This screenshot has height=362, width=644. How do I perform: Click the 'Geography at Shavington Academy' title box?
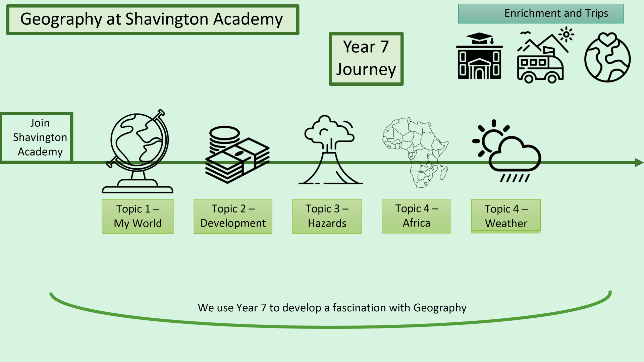pos(153,19)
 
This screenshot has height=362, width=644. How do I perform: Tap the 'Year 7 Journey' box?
pos(366,59)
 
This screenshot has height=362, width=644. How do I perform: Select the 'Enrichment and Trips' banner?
pos(541,13)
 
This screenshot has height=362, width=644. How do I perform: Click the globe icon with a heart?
pos(607,58)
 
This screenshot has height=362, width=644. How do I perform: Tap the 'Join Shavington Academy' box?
pos(37,137)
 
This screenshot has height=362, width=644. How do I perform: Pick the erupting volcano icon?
pos(330,151)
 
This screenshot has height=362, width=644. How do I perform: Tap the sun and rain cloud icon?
pos(506,151)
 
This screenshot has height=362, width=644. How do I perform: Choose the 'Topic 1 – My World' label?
pos(138,216)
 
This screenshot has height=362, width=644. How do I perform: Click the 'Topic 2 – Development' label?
pos(233,216)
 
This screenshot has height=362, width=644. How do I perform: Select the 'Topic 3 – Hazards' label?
pos(327,216)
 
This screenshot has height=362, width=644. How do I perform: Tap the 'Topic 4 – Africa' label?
pos(416,216)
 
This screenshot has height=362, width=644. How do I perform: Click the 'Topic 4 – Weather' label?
pos(506,216)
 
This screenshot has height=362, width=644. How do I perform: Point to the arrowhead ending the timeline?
pos(639,163)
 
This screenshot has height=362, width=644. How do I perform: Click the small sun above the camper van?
pos(566,34)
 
